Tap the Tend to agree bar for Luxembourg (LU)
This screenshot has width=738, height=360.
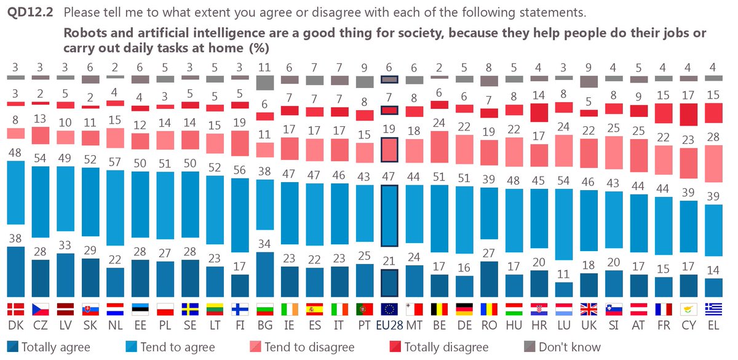point(563,224)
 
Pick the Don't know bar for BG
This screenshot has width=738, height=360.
point(264,82)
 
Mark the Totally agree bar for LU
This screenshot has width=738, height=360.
point(563,290)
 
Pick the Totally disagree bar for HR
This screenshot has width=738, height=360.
point(539,113)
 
